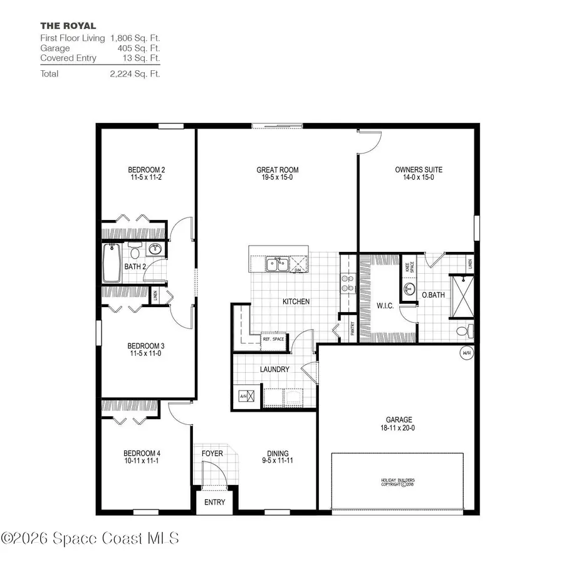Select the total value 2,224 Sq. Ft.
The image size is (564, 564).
point(135,73)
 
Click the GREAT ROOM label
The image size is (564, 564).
point(277,170)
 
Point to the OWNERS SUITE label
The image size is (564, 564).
point(419,170)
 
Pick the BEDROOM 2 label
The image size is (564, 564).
point(146,170)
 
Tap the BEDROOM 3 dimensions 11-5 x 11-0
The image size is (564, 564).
point(146,353)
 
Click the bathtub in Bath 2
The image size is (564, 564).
point(113,263)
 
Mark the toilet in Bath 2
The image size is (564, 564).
point(133,252)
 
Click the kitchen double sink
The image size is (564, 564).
point(277,264)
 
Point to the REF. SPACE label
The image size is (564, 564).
point(273,339)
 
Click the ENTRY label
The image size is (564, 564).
point(214,502)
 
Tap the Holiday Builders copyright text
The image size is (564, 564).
point(398,483)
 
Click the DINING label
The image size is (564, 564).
point(278,454)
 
